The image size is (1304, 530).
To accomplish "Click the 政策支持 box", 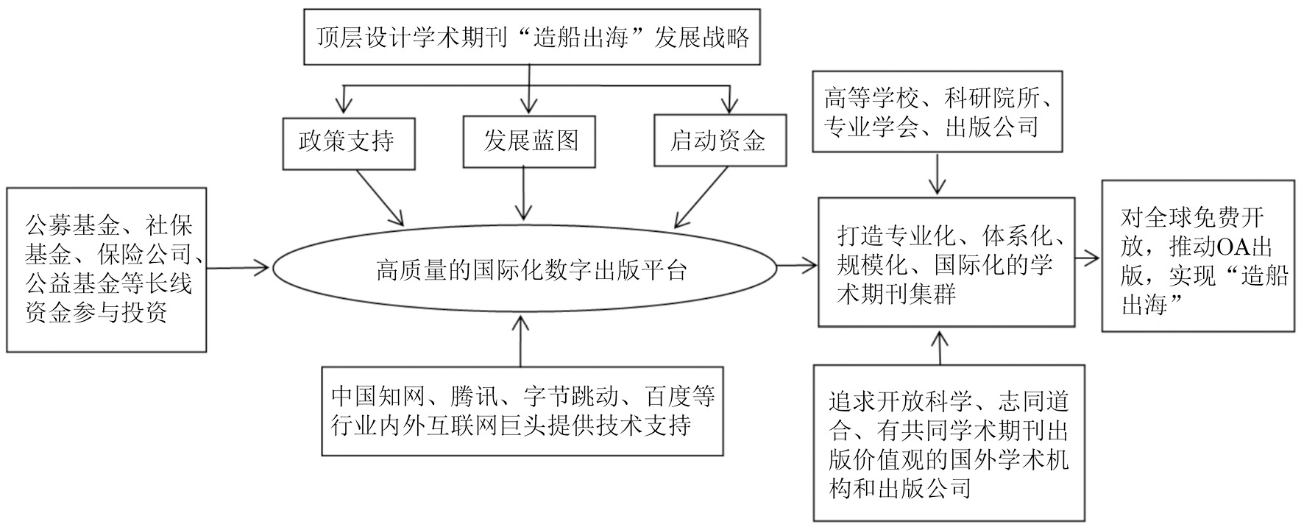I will (348, 141).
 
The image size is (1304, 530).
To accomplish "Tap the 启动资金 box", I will (719, 141).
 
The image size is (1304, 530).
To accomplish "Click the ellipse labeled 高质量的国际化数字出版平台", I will (524, 270).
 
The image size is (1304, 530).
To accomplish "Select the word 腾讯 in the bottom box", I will (473, 398).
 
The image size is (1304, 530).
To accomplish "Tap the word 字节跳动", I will (572, 398).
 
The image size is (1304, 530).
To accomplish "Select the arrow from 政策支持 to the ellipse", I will (380, 197).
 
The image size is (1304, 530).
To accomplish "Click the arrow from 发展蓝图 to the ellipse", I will (523, 192).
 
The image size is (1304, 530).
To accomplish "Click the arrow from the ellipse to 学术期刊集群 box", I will (797, 265).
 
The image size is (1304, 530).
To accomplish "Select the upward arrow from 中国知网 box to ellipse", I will (521, 340).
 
